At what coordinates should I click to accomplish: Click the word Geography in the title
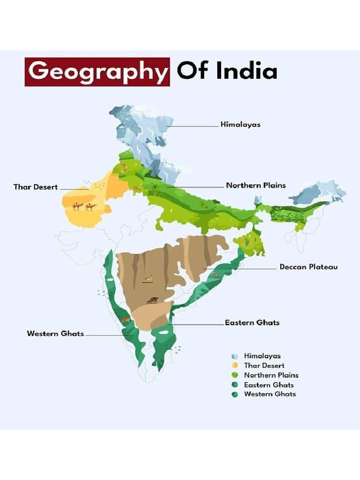tap(97, 72)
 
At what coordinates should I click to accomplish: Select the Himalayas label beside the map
tap(240, 125)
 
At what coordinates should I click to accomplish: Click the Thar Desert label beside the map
tap(36, 187)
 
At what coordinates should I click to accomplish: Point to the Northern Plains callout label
tap(255, 186)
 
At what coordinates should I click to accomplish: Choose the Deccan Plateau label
tap(308, 267)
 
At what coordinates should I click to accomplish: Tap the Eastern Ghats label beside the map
tap(252, 323)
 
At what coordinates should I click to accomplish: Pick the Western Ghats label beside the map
tap(55, 334)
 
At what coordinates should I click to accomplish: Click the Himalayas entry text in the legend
tap(262, 356)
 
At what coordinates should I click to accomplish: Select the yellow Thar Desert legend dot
tap(235, 366)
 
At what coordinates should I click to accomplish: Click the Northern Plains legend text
tap(271, 375)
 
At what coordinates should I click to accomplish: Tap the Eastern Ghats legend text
tap(269, 385)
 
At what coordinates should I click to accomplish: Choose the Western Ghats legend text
tap(270, 394)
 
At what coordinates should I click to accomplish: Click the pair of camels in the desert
tap(84, 206)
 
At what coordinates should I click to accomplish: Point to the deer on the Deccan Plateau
tap(148, 279)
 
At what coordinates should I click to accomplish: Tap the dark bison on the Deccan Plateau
tap(152, 300)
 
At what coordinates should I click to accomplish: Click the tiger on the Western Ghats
tap(126, 320)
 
